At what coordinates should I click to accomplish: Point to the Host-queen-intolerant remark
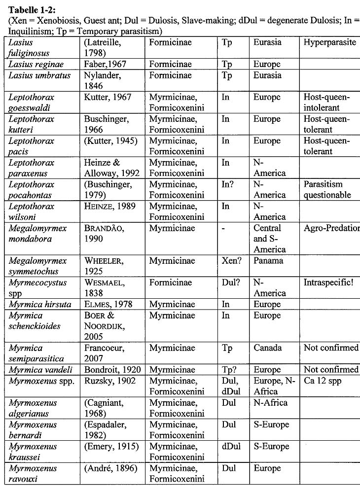[x=327, y=103]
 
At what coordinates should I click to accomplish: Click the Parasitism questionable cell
[x=327, y=189]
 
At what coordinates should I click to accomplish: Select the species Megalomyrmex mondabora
[x=37, y=233]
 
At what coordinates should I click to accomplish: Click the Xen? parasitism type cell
[x=232, y=261]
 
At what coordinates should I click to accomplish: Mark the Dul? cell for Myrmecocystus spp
[x=231, y=283]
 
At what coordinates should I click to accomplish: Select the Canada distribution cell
[x=268, y=348]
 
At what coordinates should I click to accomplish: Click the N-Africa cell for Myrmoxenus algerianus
[x=270, y=403]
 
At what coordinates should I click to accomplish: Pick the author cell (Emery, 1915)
[x=111, y=446]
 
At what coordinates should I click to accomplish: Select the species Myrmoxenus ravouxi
[x=33, y=473]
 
